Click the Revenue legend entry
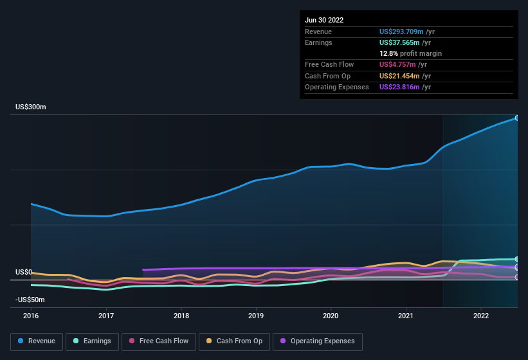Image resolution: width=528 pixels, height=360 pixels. coord(37,341)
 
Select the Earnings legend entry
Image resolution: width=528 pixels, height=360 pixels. coord(91,341)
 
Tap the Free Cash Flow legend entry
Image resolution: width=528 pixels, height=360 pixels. coord(159,341)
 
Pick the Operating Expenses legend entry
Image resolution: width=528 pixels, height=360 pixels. coord(318,341)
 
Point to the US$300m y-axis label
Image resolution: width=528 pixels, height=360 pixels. coord(31,107)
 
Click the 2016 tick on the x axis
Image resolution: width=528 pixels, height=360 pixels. coord(31,316)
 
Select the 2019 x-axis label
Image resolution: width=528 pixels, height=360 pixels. coord(256,316)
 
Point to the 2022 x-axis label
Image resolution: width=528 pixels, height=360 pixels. coord(481,316)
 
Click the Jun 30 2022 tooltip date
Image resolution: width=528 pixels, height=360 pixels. coord(324,20)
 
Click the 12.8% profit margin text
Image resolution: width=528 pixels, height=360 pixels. coord(410,53)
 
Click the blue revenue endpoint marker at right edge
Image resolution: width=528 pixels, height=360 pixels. coord(517,118)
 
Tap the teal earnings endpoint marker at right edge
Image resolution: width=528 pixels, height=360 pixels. coord(517,259)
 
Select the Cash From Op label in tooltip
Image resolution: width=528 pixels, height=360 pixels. coord(327,76)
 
